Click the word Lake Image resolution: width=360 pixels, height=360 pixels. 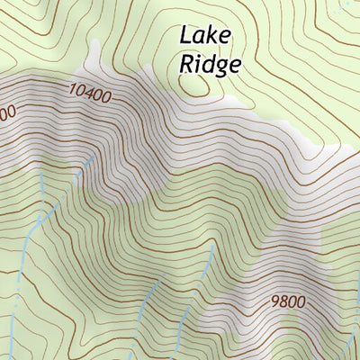click(206, 36)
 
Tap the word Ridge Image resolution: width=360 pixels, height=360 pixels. click(210, 64)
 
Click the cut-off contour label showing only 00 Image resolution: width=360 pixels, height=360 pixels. click(7, 113)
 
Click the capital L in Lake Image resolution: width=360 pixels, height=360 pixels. click(186, 36)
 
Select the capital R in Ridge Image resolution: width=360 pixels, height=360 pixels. click(188, 64)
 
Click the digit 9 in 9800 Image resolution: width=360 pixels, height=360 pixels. click(274, 300)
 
